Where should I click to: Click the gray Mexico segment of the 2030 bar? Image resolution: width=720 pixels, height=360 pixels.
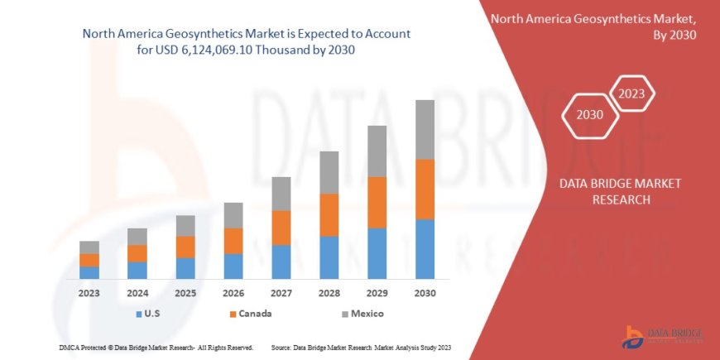(425, 129)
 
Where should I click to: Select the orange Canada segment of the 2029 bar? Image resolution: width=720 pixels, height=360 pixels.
(377, 202)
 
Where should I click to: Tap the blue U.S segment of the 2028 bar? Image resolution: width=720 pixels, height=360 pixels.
(329, 257)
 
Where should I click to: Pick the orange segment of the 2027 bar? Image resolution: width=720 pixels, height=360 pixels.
(281, 228)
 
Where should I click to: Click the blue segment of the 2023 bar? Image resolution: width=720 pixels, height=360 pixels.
(89, 272)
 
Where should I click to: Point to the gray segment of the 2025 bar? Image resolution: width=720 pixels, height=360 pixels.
(185, 225)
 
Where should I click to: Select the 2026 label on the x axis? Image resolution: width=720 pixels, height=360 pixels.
(233, 293)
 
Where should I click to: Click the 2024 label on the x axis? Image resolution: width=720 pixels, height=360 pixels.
(137, 293)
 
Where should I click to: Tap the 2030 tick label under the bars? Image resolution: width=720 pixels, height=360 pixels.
(425, 293)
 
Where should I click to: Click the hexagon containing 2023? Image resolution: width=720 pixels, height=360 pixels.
(632, 93)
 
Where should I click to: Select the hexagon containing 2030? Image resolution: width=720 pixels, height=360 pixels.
(589, 115)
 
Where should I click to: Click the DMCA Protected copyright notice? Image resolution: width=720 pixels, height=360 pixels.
(156, 347)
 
